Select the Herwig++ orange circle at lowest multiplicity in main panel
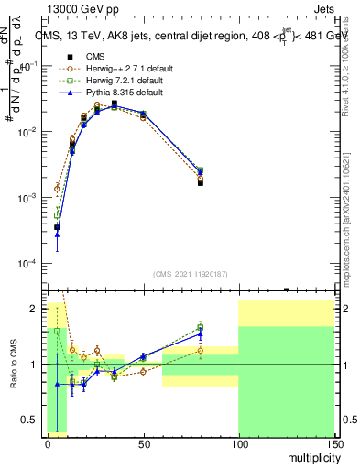tap(57, 189)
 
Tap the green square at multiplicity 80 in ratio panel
tap(200, 327)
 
